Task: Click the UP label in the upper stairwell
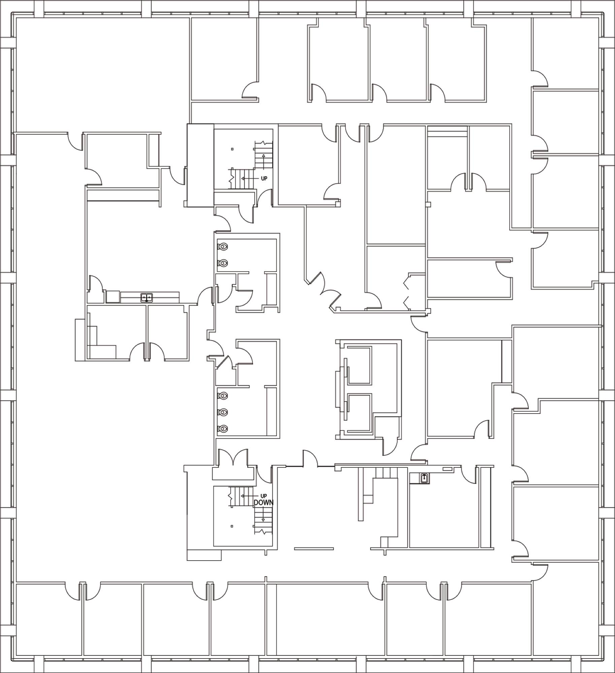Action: click(x=264, y=178)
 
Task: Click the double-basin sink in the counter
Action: click(x=147, y=297)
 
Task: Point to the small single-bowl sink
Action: click(x=425, y=477)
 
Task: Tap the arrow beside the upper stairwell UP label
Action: click(x=250, y=178)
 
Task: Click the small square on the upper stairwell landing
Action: click(x=232, y=149)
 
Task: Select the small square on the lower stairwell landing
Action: click(x=232, y=526)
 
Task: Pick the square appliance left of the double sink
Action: click(x=113, y=297)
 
